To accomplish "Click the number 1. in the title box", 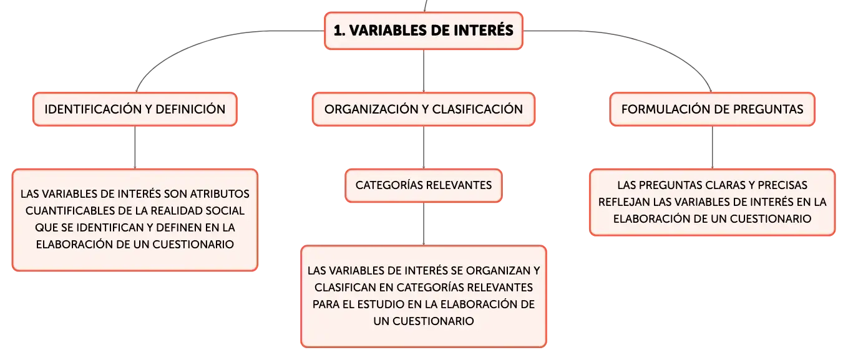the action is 339,31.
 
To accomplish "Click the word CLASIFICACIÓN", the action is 477,109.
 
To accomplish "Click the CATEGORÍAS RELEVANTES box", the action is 424,185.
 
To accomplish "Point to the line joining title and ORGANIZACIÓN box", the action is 424,71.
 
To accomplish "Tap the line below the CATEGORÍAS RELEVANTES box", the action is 424,224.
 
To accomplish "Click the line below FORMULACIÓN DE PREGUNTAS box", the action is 712,147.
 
